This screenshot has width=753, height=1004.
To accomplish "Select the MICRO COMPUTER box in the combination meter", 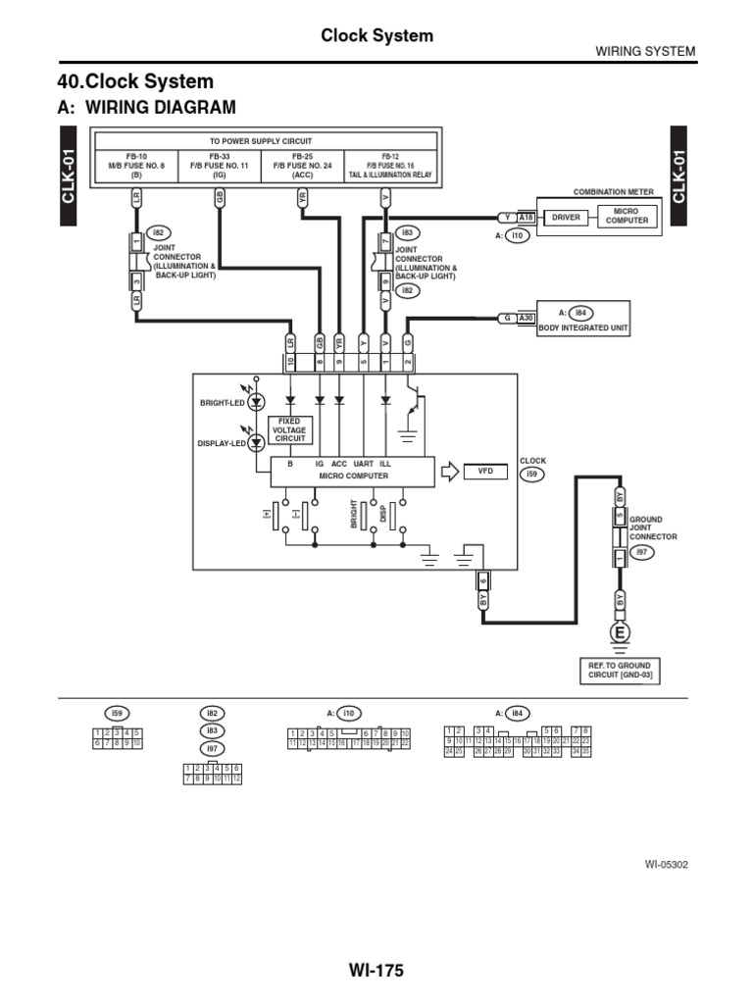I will coord(627,216).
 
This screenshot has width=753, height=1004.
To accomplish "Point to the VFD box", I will coord(485,472).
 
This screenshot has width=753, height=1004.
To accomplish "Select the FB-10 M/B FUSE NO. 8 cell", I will coord(136,166).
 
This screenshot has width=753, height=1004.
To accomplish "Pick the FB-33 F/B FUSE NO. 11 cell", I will coord(219,166).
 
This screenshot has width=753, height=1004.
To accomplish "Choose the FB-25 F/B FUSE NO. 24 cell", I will coord(302,166).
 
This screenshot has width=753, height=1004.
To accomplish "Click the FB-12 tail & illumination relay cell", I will coord(389,166).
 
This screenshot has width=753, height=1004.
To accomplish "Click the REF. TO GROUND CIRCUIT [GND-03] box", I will coord(620,672).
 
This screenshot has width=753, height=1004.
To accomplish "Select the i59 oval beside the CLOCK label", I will coord(531,475).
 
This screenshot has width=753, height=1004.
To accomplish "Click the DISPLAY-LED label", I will coord(222,443).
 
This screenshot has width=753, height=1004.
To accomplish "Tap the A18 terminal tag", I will coord(526,217).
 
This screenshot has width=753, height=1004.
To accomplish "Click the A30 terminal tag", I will coord(527,318).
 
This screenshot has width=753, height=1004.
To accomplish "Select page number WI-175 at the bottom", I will coord(376,971).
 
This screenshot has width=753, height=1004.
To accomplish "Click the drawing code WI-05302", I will coord(667,865).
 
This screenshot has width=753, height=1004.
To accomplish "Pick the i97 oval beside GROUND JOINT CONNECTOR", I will coord(643,553).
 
